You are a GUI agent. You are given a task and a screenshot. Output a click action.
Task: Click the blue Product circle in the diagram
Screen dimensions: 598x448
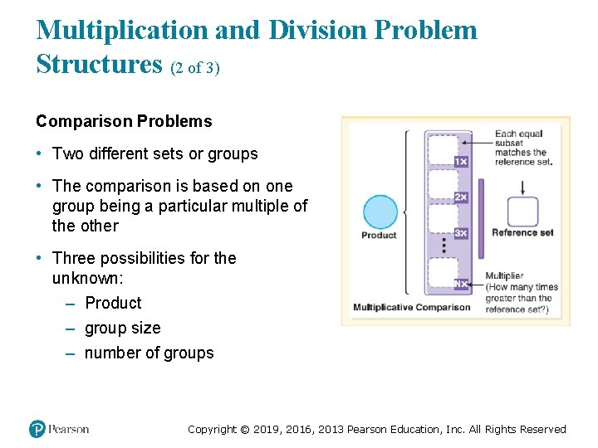(380, 212)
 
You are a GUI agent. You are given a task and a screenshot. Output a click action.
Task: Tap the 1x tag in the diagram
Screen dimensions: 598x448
(461, 162)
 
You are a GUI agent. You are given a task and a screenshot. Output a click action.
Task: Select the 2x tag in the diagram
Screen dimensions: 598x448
(461, 197)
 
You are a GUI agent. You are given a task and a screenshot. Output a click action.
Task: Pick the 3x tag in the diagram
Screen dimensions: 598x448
(461, 233)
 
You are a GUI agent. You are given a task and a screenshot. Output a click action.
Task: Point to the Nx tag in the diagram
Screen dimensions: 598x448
(461, 284)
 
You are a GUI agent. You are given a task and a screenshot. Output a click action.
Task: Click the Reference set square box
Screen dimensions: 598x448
(522, 212)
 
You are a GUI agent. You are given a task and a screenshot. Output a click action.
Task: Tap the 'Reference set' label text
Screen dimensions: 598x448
(522, 233)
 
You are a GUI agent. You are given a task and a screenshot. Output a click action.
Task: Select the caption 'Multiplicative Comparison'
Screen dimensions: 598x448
(412, 308)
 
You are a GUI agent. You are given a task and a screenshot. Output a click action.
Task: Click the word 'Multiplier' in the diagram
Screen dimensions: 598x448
(504, 276)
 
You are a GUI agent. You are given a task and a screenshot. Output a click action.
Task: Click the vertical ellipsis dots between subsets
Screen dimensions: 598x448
(444, 246)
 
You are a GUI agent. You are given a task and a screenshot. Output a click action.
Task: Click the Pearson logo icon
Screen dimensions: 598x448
(37, 429)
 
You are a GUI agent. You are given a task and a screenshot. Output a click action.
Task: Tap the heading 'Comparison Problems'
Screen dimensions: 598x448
(124, 121)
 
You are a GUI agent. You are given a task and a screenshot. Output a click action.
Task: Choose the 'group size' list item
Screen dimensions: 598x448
(122, 328)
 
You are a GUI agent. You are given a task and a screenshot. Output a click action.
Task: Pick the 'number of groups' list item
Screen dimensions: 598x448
(149, 353)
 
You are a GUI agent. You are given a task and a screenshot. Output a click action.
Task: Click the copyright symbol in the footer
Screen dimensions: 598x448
(244, 430)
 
